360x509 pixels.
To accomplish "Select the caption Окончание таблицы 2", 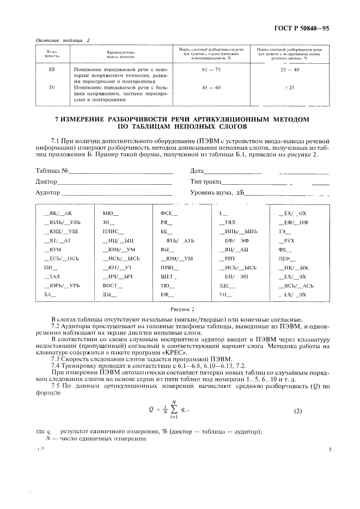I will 63,40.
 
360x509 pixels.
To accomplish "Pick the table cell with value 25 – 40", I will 289,70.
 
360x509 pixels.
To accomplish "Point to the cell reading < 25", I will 289,87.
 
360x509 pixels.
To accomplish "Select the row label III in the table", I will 52,70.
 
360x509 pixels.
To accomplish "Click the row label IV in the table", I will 52,87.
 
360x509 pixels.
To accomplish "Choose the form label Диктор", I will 46,181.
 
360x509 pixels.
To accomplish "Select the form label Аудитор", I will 47,192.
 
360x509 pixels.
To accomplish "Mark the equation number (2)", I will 297,410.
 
